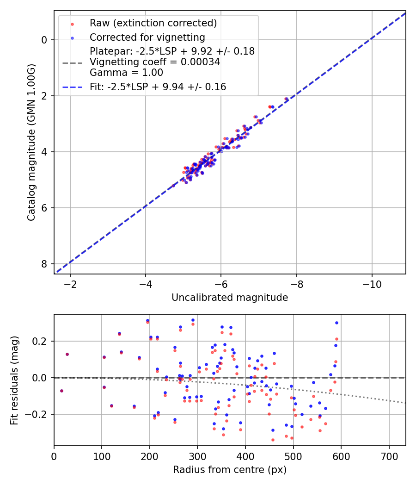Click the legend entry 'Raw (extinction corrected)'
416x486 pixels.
pos(153,23)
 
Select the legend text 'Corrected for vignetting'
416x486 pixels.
pos(147,37)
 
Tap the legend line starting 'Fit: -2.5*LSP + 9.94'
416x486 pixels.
pos(158,87)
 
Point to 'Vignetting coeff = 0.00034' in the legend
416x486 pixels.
pos(155,62)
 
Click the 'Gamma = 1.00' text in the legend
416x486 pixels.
pos(126,72)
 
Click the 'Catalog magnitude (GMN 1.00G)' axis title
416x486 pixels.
pos(31,142)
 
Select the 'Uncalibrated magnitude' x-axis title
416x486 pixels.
pos(230,298)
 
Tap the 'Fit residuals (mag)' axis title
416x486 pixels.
pos(14,380)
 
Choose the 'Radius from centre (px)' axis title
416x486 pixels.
pos(230,470)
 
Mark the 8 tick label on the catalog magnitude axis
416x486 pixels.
pos(44,264)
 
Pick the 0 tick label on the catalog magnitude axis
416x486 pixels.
pos(44,40)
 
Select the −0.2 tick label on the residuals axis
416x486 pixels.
pos(37,414)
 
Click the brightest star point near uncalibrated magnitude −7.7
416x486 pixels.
pos(286,99)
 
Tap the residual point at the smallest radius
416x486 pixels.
pos(61,391)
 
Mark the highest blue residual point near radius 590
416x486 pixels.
pos(336,323)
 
